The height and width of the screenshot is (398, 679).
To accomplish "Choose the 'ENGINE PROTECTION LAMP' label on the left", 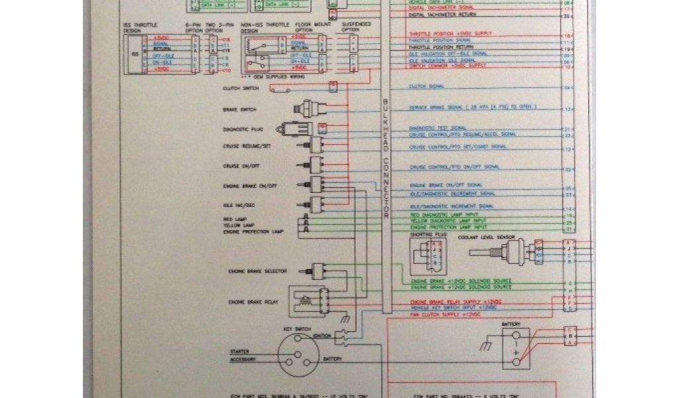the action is (253, 232).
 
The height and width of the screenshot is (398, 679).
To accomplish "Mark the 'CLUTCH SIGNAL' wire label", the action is (426, 86).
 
